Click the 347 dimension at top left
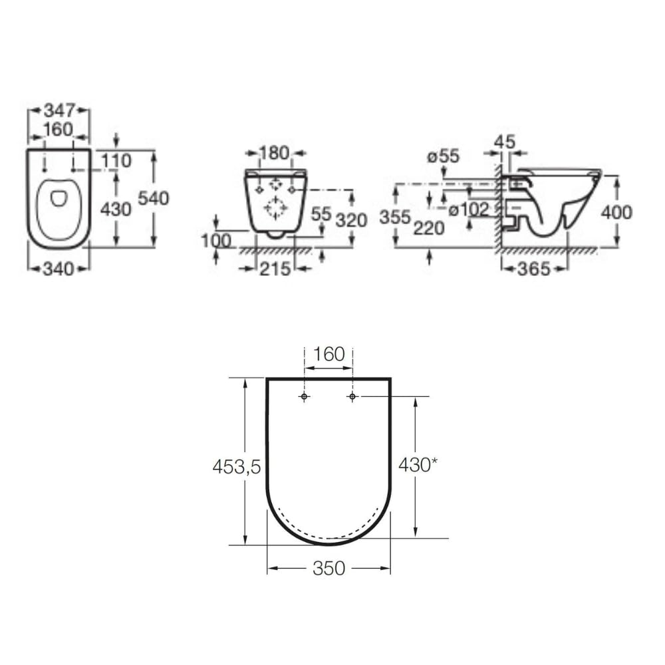tap(60, 110)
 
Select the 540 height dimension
tap(154, 198)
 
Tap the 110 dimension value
tap(116, 161)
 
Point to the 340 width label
tap(59, 269)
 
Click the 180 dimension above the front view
tap(274, 153)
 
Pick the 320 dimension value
tap(351, 221)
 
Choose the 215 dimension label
tap(275, 269)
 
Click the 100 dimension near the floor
tap(216, 241)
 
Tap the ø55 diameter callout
tap(443, 156)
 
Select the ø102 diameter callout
tap(469, 209)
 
